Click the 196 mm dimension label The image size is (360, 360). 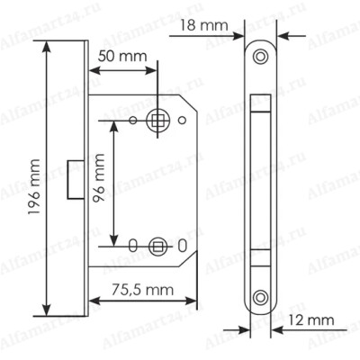(x=34, y=187)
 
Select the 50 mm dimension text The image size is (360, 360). (x=122, y=56)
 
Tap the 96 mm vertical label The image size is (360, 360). (x=99, y=178)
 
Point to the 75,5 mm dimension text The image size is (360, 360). (x=143, y=290)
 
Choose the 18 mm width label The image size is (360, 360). (x=204, y=25)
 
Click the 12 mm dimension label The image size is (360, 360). (x=311, y=320)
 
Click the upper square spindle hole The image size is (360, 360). (x=157, y=121)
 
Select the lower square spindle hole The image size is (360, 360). (x=157, y=247)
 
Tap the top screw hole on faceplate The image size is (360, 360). (x=260, y=56)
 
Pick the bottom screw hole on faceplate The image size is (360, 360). (x=260, y=298)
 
